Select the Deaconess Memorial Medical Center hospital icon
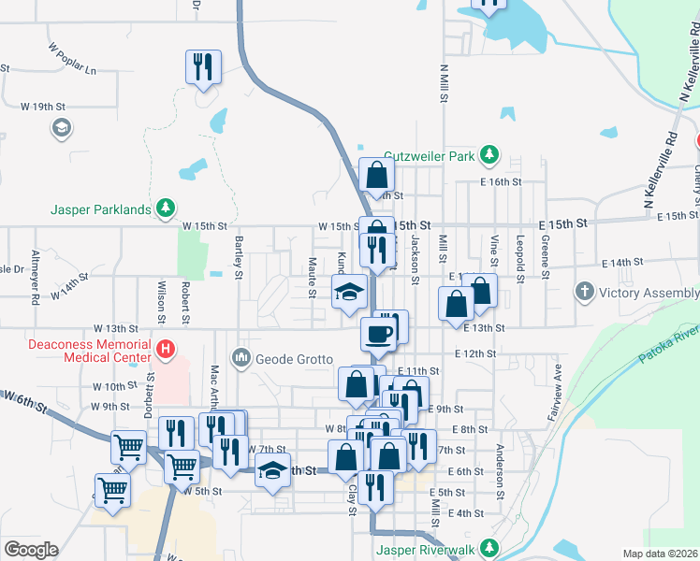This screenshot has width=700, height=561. pos(166,351)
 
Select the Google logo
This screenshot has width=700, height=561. pos(31,550)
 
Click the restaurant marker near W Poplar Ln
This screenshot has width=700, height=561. pos(203,66)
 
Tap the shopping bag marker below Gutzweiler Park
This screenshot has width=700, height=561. pos(376,174)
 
